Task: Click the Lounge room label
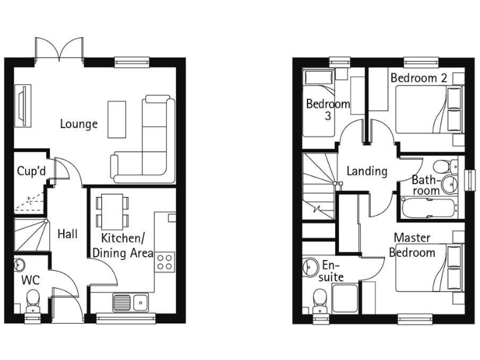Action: tap(79, 124)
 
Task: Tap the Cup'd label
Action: tap(31, 171)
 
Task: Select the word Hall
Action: tap(67, 234)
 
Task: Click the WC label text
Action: tap(31, 279)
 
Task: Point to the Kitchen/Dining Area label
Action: tap(123, 245)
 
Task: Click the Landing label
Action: tap(367, 171)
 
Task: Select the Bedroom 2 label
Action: tap(418, 79)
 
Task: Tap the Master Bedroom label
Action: tap(412, 245)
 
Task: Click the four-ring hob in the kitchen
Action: tap(164, 261)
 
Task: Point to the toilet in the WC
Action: tap(32, 305)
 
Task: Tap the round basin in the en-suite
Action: tap(311, 268)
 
